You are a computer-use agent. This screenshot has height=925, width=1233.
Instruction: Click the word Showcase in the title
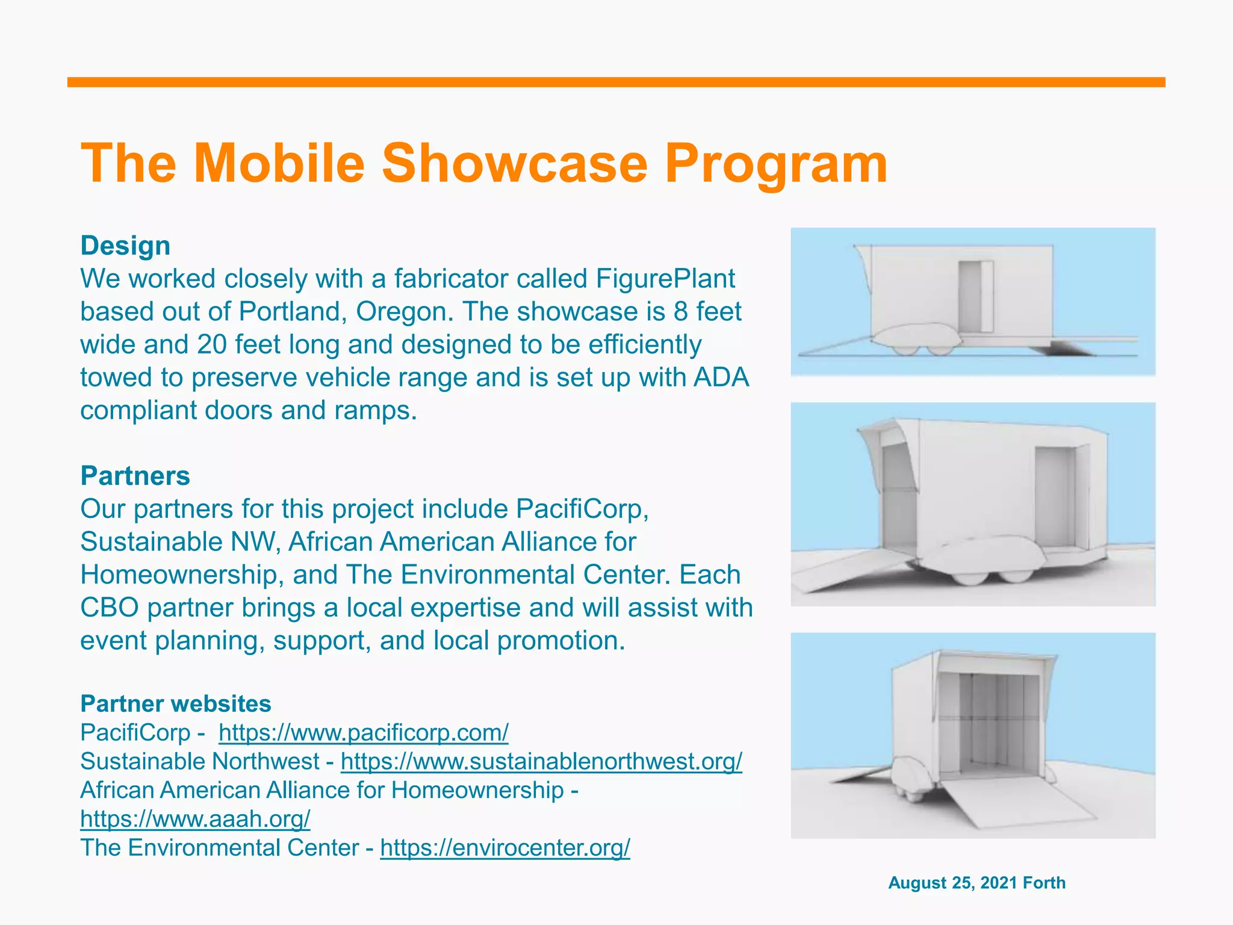[515, 164]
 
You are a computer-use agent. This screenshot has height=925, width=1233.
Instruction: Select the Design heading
[125, 246]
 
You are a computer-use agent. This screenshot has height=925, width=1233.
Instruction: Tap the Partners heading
[135, 476]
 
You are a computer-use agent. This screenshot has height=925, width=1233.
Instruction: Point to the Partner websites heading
[176, 703]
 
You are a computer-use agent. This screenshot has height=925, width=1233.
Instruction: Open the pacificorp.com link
[363, 733]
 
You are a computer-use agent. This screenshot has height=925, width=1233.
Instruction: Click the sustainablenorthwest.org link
[541, 761]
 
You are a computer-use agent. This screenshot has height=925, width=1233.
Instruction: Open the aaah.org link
[195, 819]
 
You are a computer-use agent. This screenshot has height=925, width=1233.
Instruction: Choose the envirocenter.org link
[505, 848]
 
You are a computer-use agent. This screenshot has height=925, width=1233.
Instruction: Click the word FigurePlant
[665, 279]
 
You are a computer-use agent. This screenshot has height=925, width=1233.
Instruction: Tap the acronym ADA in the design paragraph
[721, 378]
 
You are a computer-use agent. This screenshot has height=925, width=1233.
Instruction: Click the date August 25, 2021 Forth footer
[977, 883]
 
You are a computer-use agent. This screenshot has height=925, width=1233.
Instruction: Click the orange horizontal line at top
[616, 83]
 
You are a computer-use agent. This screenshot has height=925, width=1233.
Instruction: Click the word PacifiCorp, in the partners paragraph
[582, 509]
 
